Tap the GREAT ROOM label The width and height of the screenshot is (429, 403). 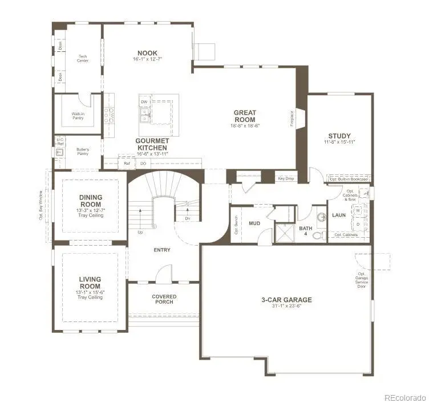click(245, 116)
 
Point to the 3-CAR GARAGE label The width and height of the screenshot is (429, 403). click(286, 300)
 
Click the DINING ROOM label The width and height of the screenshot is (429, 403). click(90, 201)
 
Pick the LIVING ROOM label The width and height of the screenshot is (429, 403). click(90, 283)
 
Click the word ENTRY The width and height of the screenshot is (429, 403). click(162, 250)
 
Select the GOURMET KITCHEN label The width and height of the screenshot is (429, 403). click(152, 144)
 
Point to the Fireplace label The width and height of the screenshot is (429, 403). click(293, 119)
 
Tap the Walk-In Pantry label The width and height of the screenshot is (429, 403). click(79, 115)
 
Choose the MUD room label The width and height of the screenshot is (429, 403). click(254, 223)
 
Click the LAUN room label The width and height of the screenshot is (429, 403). click(339, 215)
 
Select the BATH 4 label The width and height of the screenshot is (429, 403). click(306, 231)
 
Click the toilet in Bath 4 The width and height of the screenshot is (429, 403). click(320, 234)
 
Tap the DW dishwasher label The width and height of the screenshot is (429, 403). click(144, 101)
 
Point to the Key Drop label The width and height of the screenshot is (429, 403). click(286, 178)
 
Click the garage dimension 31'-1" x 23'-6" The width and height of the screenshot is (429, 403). click(286, 306)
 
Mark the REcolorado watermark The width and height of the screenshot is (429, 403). click(404, 397)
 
